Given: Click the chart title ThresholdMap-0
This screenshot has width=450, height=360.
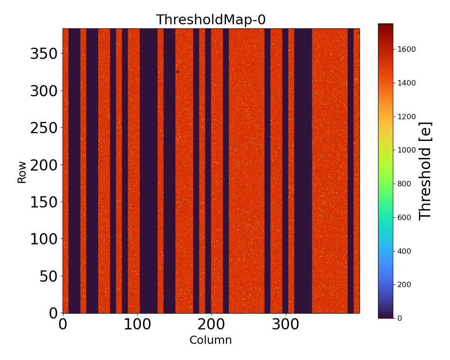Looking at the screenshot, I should click(211, 20).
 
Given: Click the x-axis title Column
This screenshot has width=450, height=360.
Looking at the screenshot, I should click(211, 340).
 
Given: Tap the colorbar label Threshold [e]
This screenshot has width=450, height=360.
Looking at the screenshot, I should click(425, 171).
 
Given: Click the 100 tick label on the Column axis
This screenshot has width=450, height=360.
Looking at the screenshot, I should click(137, 325).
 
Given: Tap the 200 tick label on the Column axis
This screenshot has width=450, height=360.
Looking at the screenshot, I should click(211, 325).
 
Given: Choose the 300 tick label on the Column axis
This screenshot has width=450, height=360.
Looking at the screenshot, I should click(285, 325).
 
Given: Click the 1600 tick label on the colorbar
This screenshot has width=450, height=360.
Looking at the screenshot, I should click(406, 49).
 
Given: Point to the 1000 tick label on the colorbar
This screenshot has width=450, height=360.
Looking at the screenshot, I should click(406, 150).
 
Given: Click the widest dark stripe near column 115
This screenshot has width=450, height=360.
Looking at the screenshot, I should click(148, 171).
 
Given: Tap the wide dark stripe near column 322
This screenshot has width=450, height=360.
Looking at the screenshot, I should click(303, 171).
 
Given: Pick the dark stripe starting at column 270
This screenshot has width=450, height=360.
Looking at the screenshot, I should click(267, 171).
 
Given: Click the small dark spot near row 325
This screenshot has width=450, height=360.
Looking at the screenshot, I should click(178, 72).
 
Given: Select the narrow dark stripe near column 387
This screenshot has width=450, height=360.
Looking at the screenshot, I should click(351, 171).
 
